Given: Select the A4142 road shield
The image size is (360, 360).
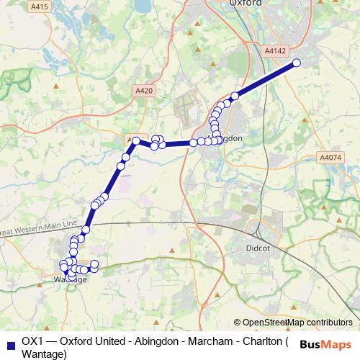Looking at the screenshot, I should [x=274, y=51].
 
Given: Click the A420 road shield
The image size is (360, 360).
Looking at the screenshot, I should [x=144, y=91].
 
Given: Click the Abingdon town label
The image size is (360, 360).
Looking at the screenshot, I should [x=225, y=138].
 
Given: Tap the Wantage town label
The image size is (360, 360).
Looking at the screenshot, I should [x=71, y=279].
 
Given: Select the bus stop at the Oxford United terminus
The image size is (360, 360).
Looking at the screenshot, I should [x=296, y=63].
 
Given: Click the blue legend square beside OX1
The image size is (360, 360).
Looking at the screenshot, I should [x=9, y=342].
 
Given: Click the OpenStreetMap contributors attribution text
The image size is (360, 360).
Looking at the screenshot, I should [x=293, y=323].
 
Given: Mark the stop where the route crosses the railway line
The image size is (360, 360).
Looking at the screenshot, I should [x=86, y=229].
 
